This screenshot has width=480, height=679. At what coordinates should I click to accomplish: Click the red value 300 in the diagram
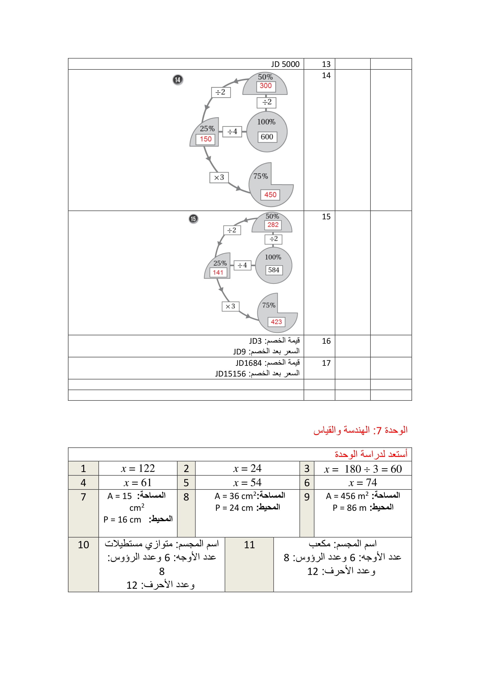click(266, 86)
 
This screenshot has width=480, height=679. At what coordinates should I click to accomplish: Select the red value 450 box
click(270, 194)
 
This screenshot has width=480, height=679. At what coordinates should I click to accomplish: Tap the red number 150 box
click(206, 139)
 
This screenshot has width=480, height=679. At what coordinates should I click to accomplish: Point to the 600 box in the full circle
click(267, 137)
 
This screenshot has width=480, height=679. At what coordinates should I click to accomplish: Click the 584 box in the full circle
click(274, 270)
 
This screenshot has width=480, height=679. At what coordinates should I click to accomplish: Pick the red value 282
click(273, 225)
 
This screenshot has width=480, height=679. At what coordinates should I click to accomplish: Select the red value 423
click(276, 322)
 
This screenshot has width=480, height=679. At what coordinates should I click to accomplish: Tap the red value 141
click(218, 272)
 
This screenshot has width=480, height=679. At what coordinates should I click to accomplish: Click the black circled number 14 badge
click(178, 80)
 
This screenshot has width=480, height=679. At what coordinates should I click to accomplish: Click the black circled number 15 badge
click(193, 219)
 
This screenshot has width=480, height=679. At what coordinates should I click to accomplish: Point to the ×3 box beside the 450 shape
click(219, 177)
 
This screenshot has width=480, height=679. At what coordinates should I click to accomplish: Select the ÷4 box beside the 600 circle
click(232, 132)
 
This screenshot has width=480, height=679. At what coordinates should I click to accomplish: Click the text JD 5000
click(285, 64)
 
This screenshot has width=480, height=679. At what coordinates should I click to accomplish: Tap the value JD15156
click(230, 374)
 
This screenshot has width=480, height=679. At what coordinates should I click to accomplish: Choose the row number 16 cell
click(326, 341)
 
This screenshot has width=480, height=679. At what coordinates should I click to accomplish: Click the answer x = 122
click(138, 469)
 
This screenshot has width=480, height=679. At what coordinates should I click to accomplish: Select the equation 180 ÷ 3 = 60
click(373, 469)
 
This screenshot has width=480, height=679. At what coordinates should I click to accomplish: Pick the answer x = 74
click(363, 483)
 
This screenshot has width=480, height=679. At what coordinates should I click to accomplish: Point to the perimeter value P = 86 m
click(349, 508)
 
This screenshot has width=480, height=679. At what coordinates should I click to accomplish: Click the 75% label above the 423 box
click(269, 305)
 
